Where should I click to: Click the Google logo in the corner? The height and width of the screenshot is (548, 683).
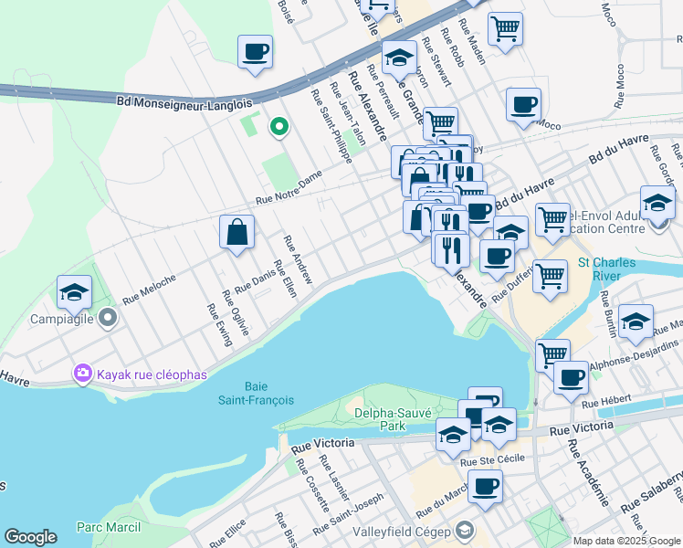point(30,537)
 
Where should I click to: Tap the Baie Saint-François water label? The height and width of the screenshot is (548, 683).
point(243,392)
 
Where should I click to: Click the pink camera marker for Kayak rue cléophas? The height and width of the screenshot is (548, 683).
point(83,374)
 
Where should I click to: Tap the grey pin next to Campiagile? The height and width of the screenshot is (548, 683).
point(108,319)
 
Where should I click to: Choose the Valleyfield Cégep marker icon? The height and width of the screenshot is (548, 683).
point(465,531)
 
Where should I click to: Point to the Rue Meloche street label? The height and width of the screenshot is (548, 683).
point(149,286)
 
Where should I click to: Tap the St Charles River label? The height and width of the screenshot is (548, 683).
point(606,269)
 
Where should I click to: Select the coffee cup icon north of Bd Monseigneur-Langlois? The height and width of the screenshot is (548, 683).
point(256,51)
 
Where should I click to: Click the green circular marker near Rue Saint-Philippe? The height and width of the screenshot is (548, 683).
point(278,126)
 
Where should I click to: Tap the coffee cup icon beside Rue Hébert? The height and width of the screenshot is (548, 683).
point(571,376)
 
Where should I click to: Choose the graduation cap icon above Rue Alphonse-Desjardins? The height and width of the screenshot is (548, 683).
point(636,321)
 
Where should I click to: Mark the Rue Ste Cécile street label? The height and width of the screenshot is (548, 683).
point(493,459)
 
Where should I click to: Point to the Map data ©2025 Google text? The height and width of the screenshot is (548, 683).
point(626,541)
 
